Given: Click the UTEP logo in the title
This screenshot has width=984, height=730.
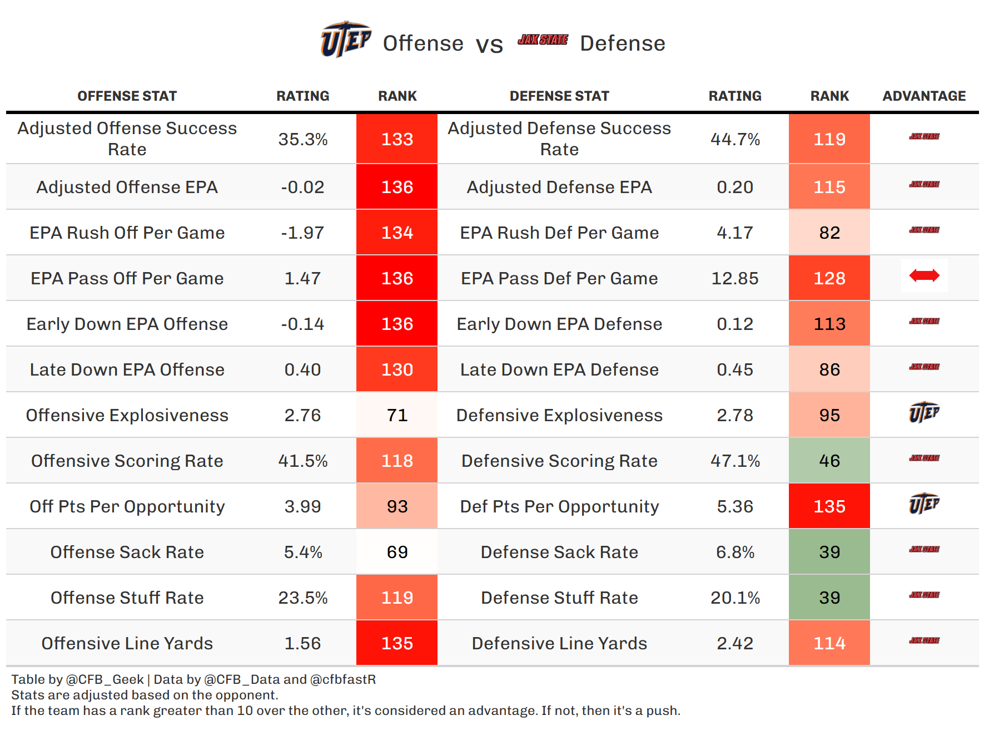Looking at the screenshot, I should [x=345, y=40].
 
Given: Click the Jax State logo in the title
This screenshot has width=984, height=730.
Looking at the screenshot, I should [x=543, y=40].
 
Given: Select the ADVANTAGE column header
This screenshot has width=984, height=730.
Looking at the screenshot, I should [x=924, y=96].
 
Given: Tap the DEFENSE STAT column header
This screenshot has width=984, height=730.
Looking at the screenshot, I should [x=559, y=96].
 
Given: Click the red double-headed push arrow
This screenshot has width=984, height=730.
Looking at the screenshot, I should [x=924, y=275].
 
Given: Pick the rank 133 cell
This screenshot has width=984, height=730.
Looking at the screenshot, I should [x=397, y=139].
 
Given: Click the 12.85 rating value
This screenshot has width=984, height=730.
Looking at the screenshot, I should [x=735, y=278].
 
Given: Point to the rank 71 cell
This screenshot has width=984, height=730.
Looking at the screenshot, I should [x=397, y=415].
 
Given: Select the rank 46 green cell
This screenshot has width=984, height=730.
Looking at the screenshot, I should [x=829, y=461].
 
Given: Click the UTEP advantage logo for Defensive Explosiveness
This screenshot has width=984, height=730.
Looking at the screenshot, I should [x=924, y=412].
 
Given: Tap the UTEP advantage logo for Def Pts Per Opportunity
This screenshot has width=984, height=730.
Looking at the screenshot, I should [x=924, y=504].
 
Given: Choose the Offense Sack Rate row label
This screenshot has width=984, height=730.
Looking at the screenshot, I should [x=127, y=552].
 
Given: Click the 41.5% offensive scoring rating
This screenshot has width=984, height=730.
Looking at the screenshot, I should [x=303, y=461].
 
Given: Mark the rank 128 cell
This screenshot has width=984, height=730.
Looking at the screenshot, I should [x=829, y=278].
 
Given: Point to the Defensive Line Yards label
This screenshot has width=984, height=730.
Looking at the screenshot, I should [x=559, y=643].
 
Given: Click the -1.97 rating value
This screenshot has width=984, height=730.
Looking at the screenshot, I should [x=303, y=233].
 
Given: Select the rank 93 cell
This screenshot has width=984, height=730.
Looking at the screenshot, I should [x=397, y=506].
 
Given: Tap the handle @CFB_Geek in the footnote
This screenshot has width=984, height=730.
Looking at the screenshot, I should [x=105, y=679].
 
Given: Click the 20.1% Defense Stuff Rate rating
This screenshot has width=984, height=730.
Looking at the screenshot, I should [x=735, y=598].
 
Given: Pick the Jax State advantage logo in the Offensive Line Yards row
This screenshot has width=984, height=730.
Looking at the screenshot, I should [x=924, y=640].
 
